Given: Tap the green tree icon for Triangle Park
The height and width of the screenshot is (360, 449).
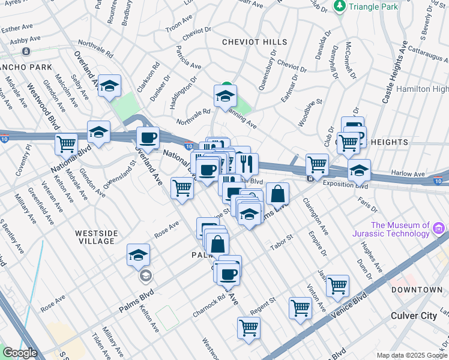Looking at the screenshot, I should (x=340, y=6).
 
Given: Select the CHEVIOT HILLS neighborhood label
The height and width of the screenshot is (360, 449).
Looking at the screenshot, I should (x=255, y=42).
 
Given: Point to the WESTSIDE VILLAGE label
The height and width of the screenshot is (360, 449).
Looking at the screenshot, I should (x=95, y=236).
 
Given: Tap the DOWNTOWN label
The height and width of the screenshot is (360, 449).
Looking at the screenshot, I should (x=417, y=290).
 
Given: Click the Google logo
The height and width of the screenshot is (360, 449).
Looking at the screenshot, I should (x=20, y=352).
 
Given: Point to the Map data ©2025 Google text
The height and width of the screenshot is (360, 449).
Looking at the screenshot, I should (x=412, y=355).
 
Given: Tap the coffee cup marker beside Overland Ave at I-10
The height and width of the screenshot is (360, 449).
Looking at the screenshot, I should (x=148, y=137).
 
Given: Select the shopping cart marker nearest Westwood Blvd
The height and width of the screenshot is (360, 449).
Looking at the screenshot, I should (x=66, y=143).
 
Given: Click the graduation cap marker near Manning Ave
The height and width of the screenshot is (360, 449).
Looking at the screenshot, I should (x=225, y=95).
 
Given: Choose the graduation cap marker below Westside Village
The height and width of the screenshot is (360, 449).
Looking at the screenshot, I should (x=138, y=254).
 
